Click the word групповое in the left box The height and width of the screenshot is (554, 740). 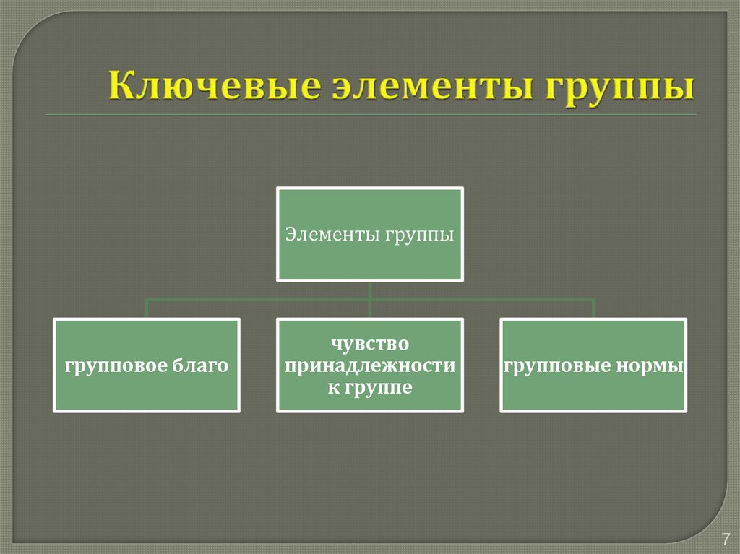pos(117,366)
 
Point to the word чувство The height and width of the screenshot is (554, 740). pos(370,344)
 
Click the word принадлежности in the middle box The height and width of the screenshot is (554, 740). pos(370,365)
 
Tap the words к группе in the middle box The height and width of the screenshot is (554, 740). pos(370,387)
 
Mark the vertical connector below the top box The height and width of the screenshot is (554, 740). pos(370,290)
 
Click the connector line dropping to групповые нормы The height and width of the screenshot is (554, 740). pos(593,309)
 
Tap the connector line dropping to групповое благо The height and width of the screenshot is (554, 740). pos(147,309)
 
